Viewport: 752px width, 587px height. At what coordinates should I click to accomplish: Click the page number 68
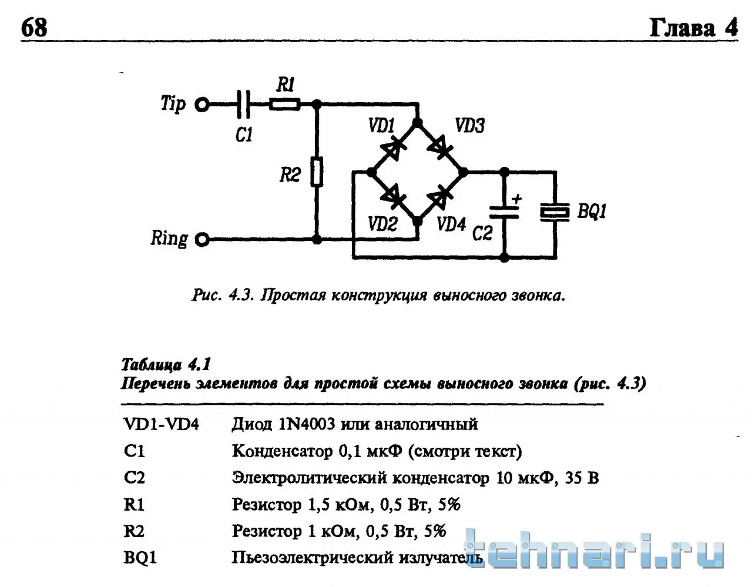[x=34, y=28]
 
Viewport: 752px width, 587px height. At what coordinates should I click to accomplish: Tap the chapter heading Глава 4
[x=693, y=28]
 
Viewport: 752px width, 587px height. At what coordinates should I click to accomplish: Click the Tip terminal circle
[x=202, y=104]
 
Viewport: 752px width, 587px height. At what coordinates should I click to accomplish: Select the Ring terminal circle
[x=202, y=240]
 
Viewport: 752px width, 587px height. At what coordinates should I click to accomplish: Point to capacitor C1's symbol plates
[x=243, y=104]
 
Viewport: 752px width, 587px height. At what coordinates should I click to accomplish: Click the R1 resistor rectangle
[x=284, y=104]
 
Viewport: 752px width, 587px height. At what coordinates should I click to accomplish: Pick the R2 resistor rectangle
[x=317, y=172]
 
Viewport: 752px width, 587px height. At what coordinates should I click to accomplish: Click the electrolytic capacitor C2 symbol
[x=505, y=213]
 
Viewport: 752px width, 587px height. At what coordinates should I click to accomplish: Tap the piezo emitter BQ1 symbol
[x=555, y=212]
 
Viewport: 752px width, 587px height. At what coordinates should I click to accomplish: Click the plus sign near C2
[x=517, y=199]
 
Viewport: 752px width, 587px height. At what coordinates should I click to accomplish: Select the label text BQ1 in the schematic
[x=592, y=211]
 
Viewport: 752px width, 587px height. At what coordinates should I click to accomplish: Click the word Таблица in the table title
[x=152, y=365]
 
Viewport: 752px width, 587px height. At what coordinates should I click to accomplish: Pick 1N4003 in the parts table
[x=307, y=424]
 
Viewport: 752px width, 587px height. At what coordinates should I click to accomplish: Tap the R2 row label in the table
[x=134, y=531]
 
